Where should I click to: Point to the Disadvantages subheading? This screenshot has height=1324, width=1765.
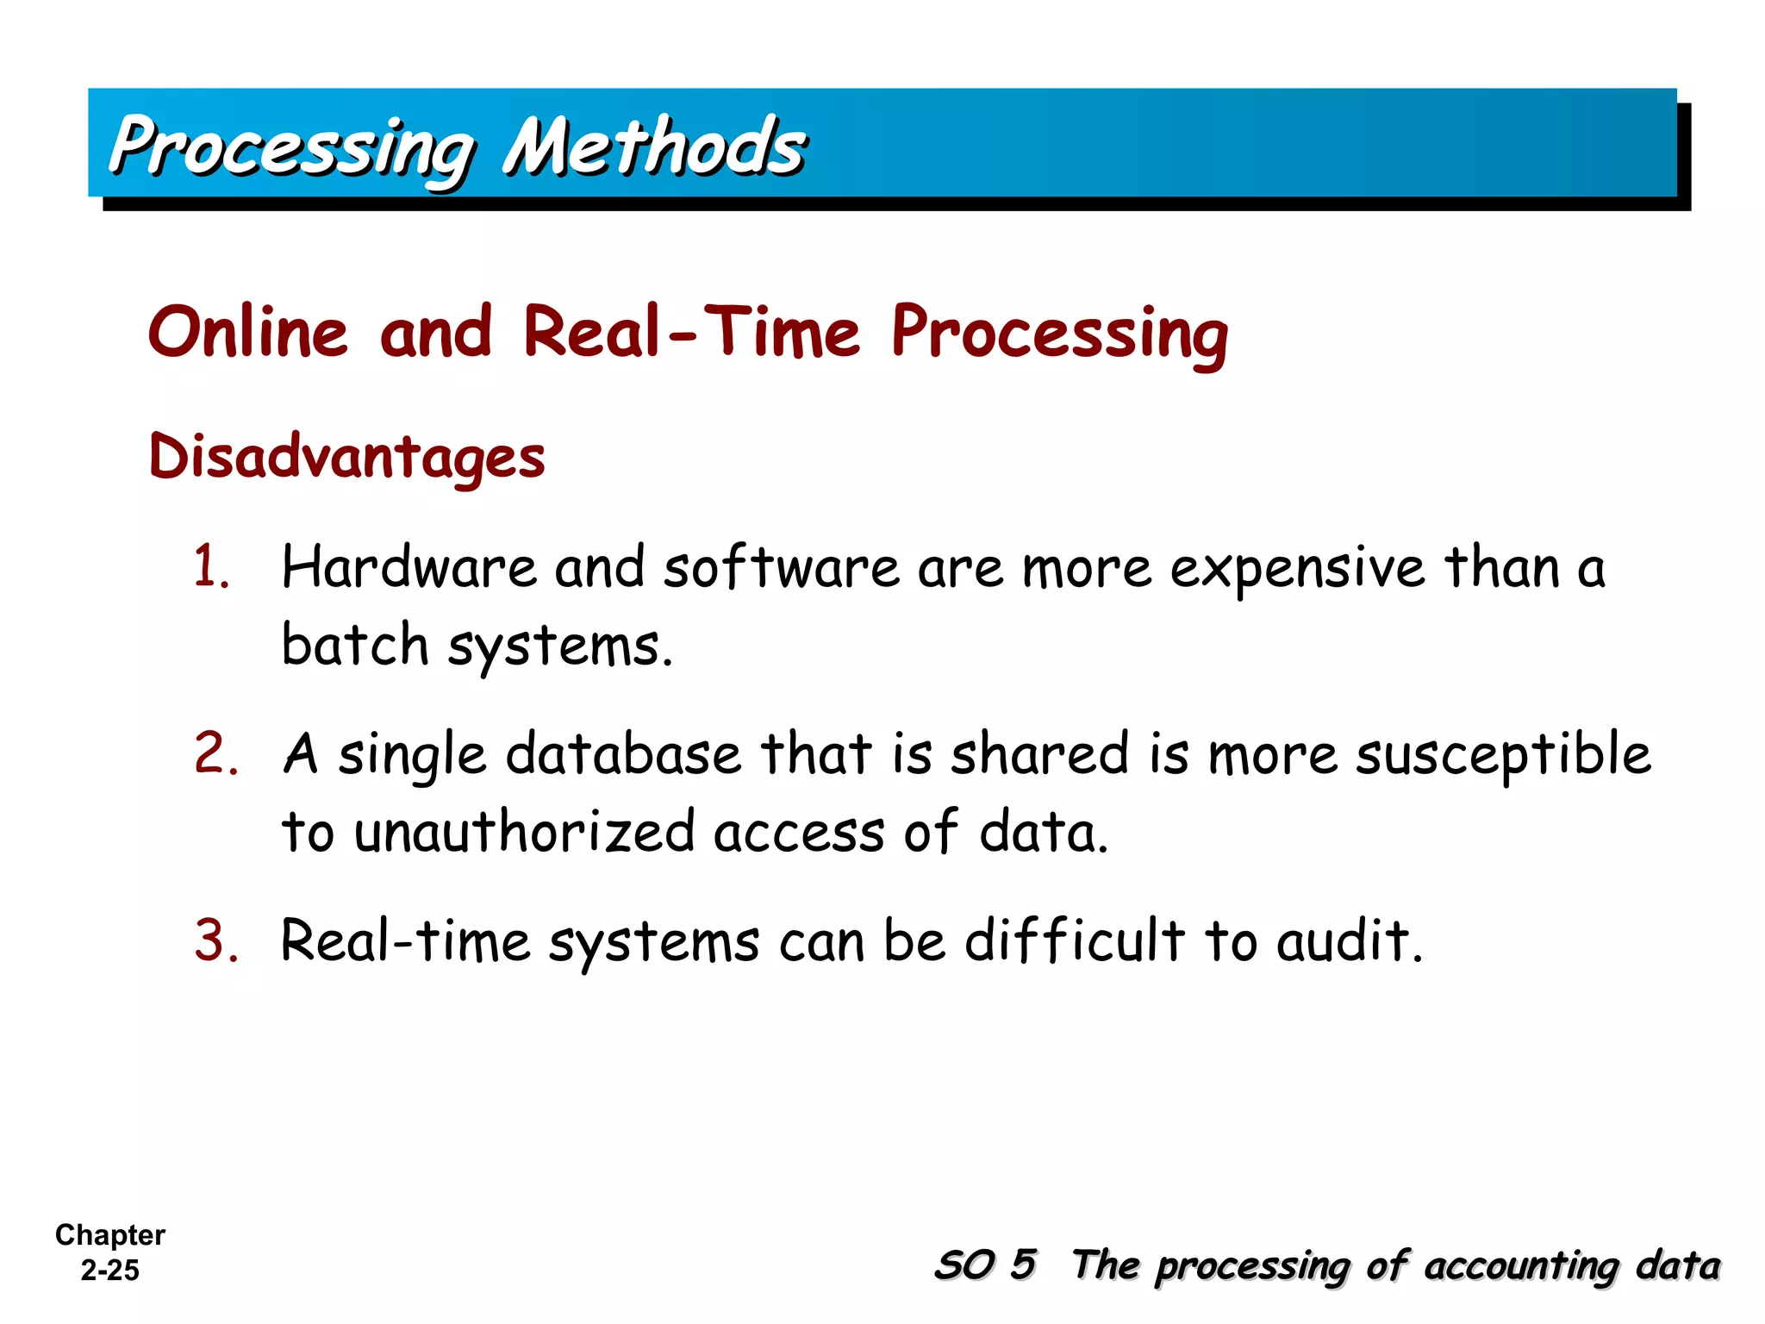click(x=346, y=457)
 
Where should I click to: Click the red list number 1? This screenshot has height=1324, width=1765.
click(x=211, y=568)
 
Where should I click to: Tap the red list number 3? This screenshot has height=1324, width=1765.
click(x=215, y=940)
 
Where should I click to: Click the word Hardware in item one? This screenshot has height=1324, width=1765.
click(x=409, y=568)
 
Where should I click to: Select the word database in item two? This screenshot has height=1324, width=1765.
click(x=623, y=754)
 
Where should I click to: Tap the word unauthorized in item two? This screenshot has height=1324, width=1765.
click(x=524, y=833)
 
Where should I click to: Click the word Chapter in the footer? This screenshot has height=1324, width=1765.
click(x=109, y=1235)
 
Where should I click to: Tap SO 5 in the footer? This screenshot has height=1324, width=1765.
click(x=985, y=1265)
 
